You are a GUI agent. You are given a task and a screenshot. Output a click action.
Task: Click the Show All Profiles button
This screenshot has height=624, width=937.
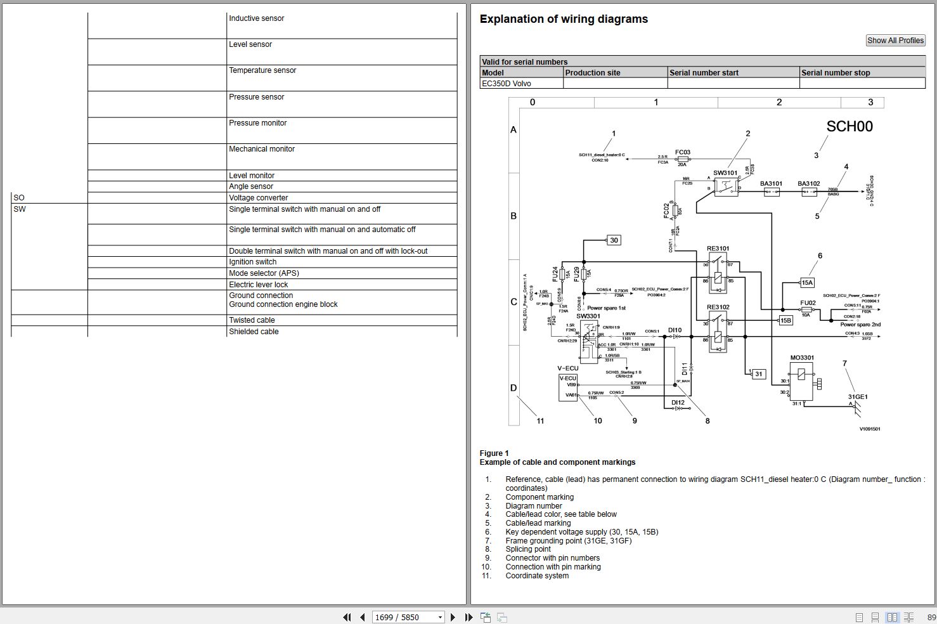895,41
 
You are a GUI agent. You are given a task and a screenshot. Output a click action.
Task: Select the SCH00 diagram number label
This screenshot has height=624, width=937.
849,127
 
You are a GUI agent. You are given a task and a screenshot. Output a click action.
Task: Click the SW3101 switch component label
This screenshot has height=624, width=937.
725,173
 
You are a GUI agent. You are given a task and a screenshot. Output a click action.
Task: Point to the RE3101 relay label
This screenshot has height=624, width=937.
718,249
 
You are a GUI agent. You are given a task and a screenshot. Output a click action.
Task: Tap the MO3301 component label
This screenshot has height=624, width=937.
802,358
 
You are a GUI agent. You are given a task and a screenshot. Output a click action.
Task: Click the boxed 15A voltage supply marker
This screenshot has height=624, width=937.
807,283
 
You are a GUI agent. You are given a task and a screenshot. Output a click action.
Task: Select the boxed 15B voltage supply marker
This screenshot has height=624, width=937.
785,321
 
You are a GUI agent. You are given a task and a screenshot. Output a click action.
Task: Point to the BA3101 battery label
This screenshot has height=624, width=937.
771,184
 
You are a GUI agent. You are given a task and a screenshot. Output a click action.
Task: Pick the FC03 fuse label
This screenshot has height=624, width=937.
682,152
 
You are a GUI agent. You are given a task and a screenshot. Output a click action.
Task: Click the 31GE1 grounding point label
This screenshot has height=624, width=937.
857,397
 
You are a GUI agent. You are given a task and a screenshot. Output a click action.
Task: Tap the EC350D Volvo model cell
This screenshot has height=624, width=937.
506,84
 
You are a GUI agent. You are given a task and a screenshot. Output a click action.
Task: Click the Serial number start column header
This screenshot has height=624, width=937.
704,73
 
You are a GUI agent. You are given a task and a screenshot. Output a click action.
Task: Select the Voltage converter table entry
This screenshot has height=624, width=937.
258,198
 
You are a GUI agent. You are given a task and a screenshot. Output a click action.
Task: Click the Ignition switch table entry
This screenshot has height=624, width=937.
252,262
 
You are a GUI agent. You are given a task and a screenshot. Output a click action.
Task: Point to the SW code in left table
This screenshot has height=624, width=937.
20,209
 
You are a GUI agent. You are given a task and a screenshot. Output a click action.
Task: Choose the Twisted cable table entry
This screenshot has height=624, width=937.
252,320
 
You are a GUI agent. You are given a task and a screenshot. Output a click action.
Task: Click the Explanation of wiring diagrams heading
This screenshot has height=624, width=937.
564,19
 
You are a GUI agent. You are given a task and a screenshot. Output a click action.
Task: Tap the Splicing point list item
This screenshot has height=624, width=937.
527,549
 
